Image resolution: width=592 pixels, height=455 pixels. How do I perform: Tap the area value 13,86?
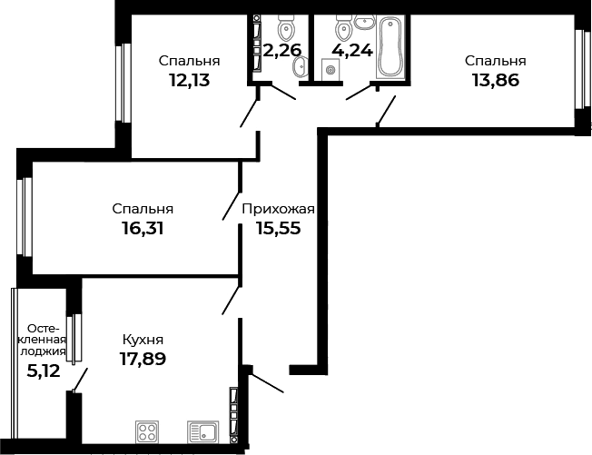tap(495, 80)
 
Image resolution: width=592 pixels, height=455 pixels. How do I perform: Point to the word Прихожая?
tap(279, 209)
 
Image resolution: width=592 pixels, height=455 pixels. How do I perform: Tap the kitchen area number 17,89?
tap(143, 358)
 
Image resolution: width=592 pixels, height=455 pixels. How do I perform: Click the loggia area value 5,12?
tap(43, 370)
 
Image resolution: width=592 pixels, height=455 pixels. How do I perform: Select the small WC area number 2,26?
tap(280, 51)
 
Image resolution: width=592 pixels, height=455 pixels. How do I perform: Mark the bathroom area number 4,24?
tap(352, 51)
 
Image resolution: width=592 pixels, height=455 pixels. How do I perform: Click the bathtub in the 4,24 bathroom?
tap(392, 45)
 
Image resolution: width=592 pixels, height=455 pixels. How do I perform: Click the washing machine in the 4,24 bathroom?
tap(331, 68)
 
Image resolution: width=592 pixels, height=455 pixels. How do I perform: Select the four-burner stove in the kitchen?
tap(147, 432)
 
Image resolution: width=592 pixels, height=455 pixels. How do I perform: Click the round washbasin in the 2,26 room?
tap(301, 64)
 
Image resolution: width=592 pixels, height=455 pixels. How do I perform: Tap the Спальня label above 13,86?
tap(495, 61)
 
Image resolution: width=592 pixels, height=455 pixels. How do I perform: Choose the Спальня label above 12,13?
tap(190, 61)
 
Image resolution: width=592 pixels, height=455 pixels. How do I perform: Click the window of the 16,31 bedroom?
tap(25, 217)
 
